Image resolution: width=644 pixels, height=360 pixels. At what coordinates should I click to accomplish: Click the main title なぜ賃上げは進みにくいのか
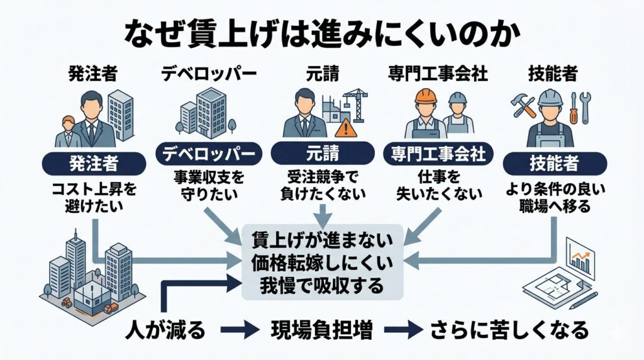click(321, 32)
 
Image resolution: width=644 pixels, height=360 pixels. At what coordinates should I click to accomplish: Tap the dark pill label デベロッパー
click(208, 153)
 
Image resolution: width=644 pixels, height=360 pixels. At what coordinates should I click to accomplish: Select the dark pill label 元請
click(322, 153)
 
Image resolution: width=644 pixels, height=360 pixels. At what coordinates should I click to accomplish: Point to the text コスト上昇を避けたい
click(94, 198)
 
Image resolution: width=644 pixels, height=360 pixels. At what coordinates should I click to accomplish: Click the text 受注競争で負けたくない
click(322, 186)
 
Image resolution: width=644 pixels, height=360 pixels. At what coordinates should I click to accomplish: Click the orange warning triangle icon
click(345, 128)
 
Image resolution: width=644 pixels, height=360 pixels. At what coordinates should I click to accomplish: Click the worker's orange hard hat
click(426, 96)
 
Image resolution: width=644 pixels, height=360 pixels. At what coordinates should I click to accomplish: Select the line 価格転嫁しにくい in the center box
click(322, 263)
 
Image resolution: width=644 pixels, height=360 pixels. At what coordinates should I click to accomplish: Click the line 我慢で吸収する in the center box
click(322, 285)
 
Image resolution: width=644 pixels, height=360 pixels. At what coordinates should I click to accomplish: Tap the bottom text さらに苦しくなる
click(509, 329)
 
